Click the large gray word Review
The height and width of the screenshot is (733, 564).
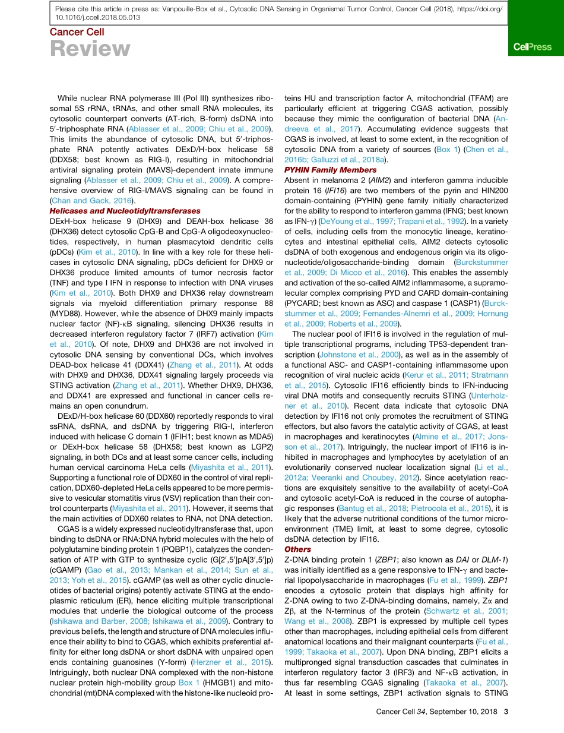coord(90,49)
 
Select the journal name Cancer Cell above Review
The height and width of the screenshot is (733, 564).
coord(76,32)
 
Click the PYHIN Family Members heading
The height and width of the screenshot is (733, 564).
coord(330,170)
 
